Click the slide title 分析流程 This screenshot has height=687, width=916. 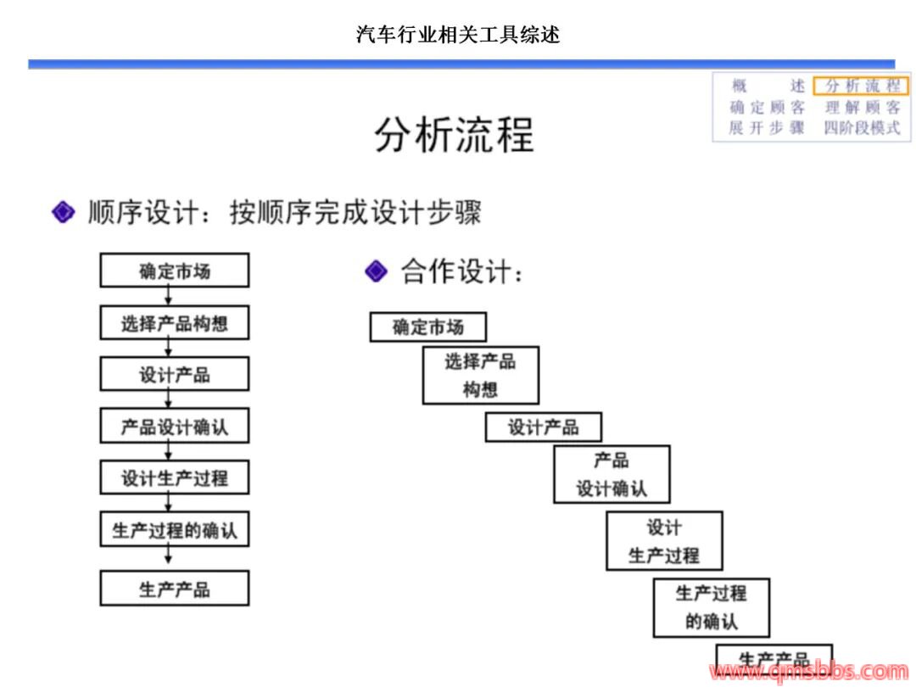455,135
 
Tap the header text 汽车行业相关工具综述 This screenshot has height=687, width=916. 458,35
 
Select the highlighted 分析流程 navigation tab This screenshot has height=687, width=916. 861,87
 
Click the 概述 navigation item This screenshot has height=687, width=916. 767,87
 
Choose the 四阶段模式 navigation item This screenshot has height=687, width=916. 861,129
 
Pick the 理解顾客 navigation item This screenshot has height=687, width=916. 861,108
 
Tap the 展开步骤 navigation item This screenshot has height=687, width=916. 767,129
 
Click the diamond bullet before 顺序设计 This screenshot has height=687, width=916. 64,212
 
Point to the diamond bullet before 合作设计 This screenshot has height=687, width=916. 376,271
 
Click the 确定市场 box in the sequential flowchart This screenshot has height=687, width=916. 175,271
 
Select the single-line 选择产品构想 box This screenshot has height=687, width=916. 175,323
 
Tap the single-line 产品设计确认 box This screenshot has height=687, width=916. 175,426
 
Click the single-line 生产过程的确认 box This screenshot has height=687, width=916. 175,530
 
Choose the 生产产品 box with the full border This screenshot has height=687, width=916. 175,589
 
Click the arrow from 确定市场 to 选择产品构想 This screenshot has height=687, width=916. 169,296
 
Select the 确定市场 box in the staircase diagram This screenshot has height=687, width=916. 428,327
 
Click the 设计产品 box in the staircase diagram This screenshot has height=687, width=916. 544,427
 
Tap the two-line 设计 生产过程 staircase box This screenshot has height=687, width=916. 664,541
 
